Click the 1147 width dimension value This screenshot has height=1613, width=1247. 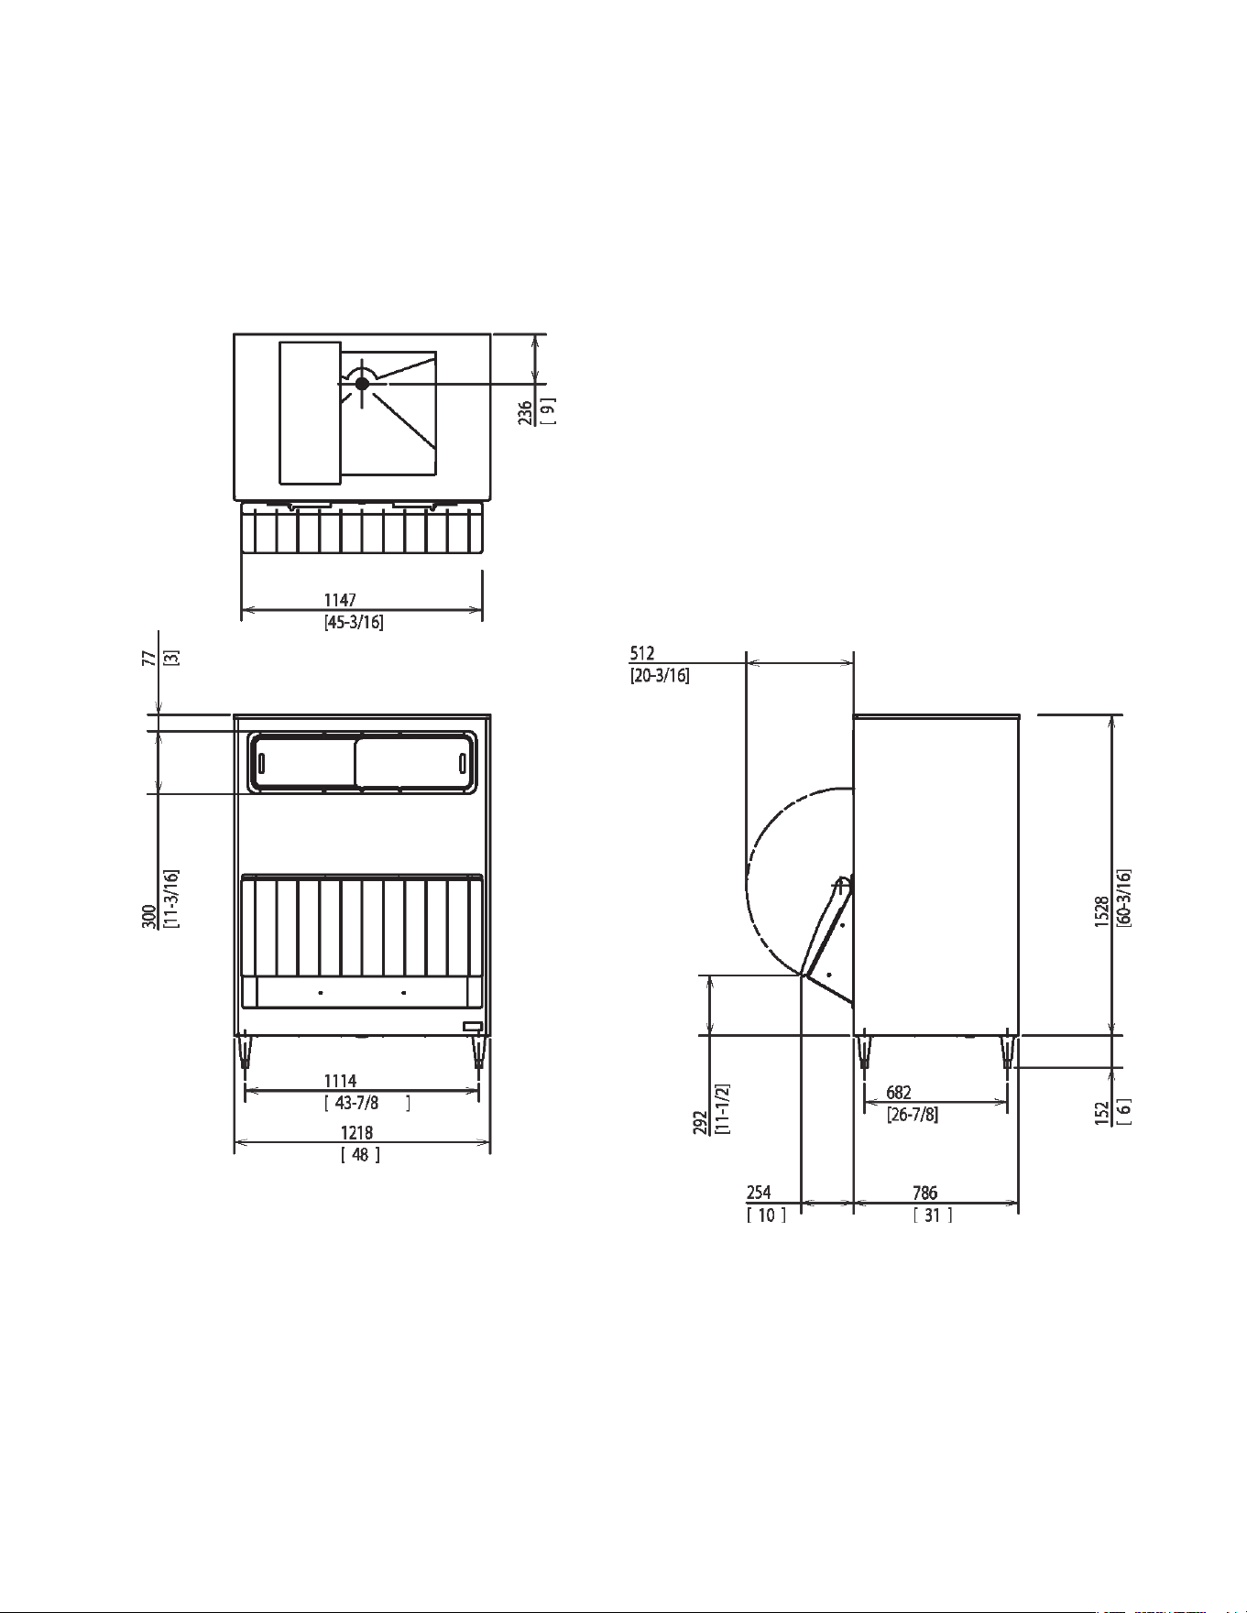340,600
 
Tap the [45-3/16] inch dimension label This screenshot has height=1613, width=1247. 354,623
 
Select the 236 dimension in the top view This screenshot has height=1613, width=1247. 526,414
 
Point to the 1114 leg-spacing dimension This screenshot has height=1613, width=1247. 340,1082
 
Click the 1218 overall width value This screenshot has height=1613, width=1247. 357,1133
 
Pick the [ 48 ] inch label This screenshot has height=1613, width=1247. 360,1155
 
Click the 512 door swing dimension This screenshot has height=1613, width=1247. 642,653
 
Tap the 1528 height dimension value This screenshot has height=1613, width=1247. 1103,911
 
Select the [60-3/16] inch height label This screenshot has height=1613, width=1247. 1124,899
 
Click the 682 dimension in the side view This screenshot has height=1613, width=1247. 899,1093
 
